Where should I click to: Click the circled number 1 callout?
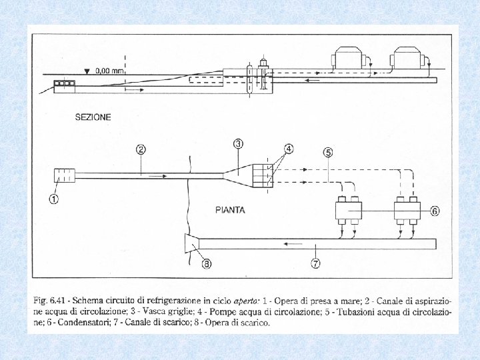click(53, 198)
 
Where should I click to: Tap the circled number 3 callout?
click(239, 144)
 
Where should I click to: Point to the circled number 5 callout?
click(328, 152)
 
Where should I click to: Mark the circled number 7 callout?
click(315, 264)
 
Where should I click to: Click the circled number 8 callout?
click(207, 265)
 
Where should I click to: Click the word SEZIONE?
click(93, 117)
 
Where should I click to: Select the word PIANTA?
click(229, 209)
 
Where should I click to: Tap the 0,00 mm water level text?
click(110, 69)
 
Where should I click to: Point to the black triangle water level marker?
click(87, 69)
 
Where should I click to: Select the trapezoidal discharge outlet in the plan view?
click(191, 243)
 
